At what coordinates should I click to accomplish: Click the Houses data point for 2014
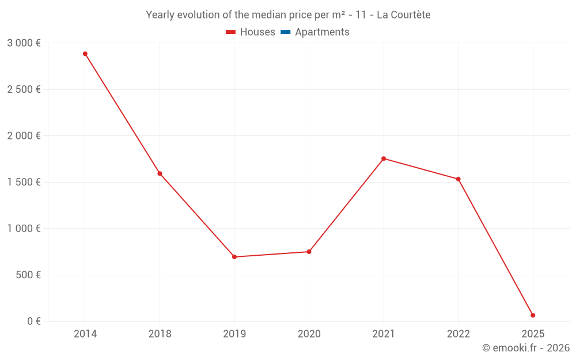point(85,54)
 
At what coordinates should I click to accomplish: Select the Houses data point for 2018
point(160,173)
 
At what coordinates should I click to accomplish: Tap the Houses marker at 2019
point(234,257)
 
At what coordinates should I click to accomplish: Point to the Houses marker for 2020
point(309,252)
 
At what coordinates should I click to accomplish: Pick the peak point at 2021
point(384,158)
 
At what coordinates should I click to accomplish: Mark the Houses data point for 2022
point(458,179)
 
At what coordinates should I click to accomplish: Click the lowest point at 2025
point(533,315)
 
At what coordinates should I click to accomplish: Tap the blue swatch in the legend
point(285,32)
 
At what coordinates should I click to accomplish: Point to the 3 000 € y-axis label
point(24,43)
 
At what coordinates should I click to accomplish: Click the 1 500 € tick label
point(24,182)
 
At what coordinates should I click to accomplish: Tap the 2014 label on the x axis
point(85,334)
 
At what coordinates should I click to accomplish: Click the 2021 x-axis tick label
point(384,334)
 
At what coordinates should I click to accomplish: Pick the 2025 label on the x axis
point(533,334)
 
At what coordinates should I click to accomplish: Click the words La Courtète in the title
point(403,15)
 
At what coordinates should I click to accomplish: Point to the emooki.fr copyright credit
point(526,348)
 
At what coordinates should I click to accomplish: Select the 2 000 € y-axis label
point(24,136)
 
